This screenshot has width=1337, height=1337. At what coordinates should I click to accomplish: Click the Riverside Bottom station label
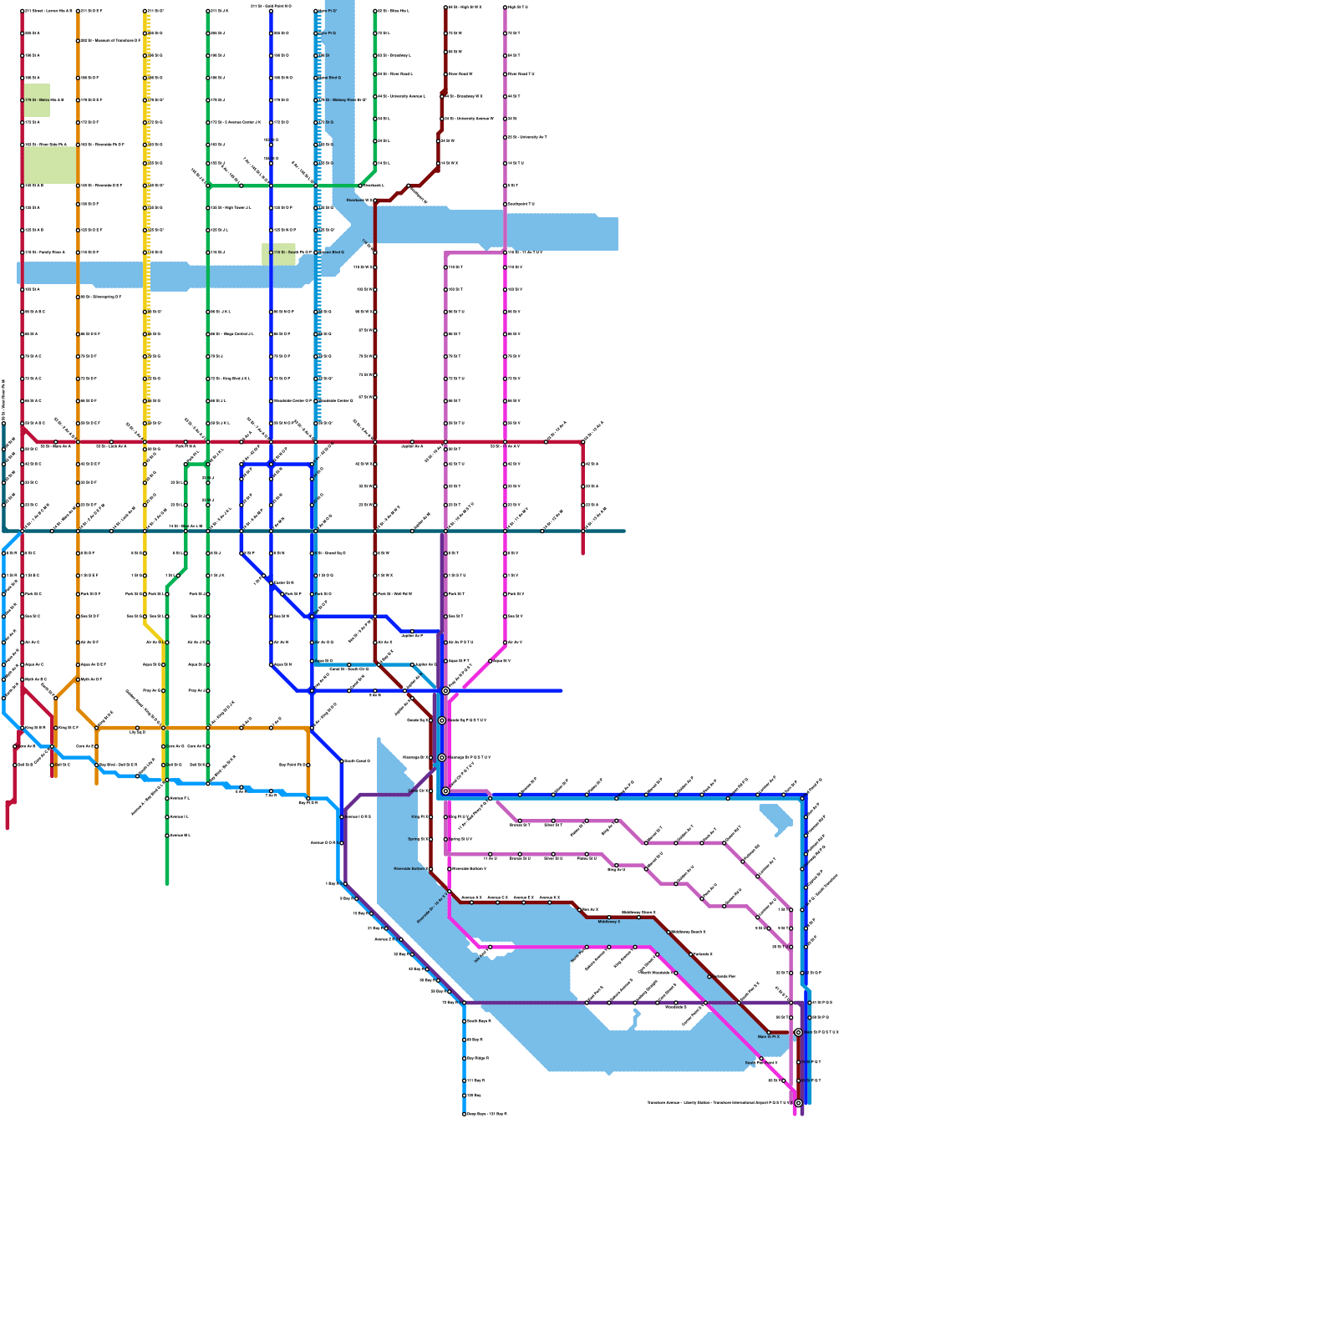[409, 869]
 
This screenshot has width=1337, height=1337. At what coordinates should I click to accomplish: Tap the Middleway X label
[608, 922]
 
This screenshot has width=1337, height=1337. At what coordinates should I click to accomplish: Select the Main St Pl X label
[768, 1037]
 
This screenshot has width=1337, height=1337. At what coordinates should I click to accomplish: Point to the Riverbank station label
[360, 201]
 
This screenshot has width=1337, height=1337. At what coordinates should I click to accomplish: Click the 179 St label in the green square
[43, 100]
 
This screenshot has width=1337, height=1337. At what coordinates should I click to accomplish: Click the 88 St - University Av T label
[528, 137]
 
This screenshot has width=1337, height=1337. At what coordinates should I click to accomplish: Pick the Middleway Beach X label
[689, 932]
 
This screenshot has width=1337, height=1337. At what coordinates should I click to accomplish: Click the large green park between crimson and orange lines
[50, 165]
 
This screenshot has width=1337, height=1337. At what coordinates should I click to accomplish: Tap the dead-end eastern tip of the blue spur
[561, 691]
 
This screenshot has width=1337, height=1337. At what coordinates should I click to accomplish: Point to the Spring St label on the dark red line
[417, 839]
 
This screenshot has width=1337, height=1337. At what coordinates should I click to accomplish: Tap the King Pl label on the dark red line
[419, 817]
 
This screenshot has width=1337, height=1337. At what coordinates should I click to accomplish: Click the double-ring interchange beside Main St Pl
[798, 1033]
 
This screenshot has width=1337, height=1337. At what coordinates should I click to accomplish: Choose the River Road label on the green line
[396, 74]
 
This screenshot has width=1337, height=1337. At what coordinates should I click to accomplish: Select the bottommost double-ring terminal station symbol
[798, 1103]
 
